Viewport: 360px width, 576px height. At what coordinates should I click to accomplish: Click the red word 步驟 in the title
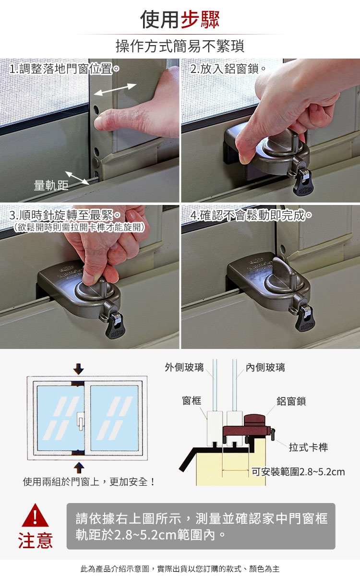coord(200,20)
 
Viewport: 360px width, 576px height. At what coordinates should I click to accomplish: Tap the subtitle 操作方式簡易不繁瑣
coord(180,46)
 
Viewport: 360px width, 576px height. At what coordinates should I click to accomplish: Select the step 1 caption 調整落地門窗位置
coord(66,69)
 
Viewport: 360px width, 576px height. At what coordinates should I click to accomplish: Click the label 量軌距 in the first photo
coord(51,185)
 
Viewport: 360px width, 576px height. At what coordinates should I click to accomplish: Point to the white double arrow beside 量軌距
coord(77,178)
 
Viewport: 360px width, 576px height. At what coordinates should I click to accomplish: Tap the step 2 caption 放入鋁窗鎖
coord(229,69)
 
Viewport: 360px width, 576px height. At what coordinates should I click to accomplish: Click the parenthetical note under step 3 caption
coord(79,228)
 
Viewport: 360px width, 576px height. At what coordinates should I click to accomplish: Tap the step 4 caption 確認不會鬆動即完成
coord(253,216)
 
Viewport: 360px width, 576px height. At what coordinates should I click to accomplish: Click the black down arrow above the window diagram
coord(78,369)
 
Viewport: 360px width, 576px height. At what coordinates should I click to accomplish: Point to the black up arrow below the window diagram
coord(79,468)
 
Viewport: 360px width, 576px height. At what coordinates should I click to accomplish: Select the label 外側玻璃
coord(184,368)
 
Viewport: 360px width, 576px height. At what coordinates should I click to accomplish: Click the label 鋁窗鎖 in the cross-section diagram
coord(291,401)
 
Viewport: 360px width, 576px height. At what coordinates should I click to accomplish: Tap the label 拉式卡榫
coord(308,447)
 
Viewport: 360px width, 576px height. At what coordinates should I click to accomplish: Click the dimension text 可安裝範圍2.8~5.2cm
coord(298,472)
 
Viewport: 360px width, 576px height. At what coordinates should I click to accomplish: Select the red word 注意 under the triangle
coord(36,541)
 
